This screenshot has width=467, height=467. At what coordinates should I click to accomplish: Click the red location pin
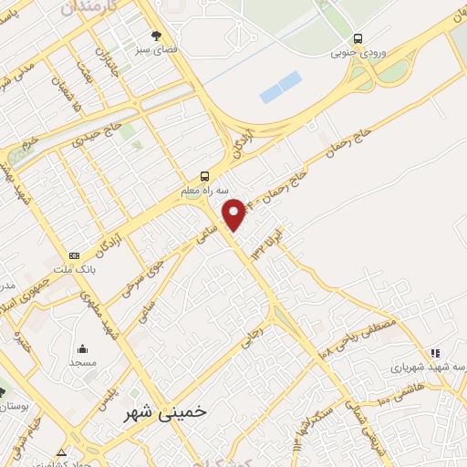[x=233, y=214]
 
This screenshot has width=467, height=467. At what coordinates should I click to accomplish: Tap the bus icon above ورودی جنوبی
[x=358, y=39]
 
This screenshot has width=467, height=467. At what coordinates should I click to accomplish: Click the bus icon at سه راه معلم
[x=204, y=176]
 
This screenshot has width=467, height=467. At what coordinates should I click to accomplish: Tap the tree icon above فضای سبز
[x=157, y=36]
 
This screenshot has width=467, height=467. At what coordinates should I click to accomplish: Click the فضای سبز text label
[x=157, y=49]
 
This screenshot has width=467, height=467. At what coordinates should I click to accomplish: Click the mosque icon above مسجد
[x=82, y=348]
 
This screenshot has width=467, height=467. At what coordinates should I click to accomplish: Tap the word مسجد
[x=82, y=362]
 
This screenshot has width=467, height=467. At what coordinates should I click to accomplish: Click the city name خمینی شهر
[x=165, y=411]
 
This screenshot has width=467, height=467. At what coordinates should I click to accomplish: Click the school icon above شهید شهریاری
[x=436, y=353]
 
